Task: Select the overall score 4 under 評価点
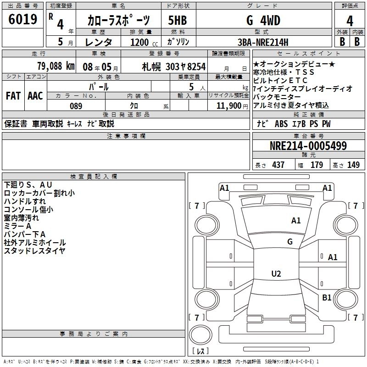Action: point(350,21)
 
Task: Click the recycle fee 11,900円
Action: point(231,106)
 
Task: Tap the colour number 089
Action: point(76,106)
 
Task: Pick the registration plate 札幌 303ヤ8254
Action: point(173,67)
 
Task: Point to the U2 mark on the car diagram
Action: point(276,274)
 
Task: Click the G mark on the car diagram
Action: point(290,242)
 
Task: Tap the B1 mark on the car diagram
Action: point(327,298)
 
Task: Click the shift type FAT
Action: point(13,96)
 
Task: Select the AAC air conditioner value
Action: point(35,96)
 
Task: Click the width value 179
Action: point(317,165)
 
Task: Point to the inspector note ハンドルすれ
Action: point(25,201)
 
